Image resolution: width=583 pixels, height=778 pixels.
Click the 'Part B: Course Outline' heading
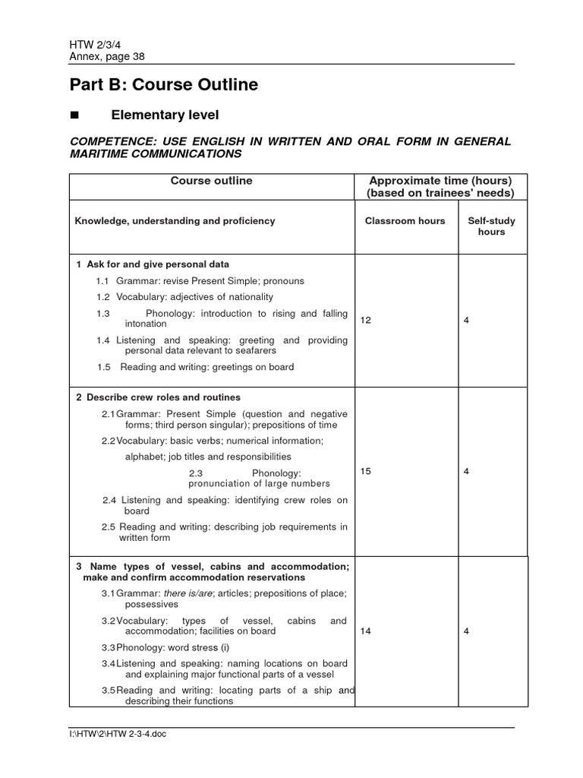point(164,85)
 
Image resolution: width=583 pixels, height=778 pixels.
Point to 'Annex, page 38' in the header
point(107,56)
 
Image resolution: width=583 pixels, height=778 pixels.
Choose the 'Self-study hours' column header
point(491,226)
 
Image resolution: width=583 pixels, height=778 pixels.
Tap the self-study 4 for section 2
point(466,472)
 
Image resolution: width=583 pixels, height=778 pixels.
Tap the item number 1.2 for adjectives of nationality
point(103,297)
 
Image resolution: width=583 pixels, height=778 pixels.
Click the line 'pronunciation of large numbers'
point(259,484)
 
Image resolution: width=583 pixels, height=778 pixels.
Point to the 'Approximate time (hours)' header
point(440,181)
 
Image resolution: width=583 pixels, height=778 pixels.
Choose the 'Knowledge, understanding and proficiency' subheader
point(175,221)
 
